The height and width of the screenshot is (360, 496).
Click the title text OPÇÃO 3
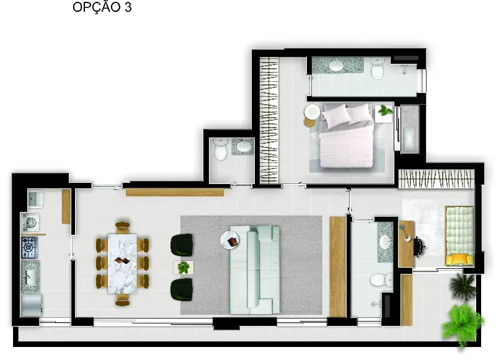(102, 7)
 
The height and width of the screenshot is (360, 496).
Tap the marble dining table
(122, 263)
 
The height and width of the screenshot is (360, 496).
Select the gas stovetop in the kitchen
(30, 247)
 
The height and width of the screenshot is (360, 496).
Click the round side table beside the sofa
(229, 240)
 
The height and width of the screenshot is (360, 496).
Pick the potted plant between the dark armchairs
(184, 268)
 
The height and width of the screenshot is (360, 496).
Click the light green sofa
(255, 270)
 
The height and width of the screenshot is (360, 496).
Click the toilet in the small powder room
(221, 149)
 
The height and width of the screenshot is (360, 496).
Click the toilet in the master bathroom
(378, 68)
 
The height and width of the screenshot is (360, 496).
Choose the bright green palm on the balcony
(463, 325)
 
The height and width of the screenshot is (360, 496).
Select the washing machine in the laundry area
(30, 222)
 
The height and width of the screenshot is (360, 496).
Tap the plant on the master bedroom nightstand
(386, 110)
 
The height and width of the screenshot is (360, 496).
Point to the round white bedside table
(312, 112)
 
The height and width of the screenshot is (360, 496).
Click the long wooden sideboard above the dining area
(175, 193)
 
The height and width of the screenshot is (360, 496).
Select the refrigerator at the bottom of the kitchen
(31, 305)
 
